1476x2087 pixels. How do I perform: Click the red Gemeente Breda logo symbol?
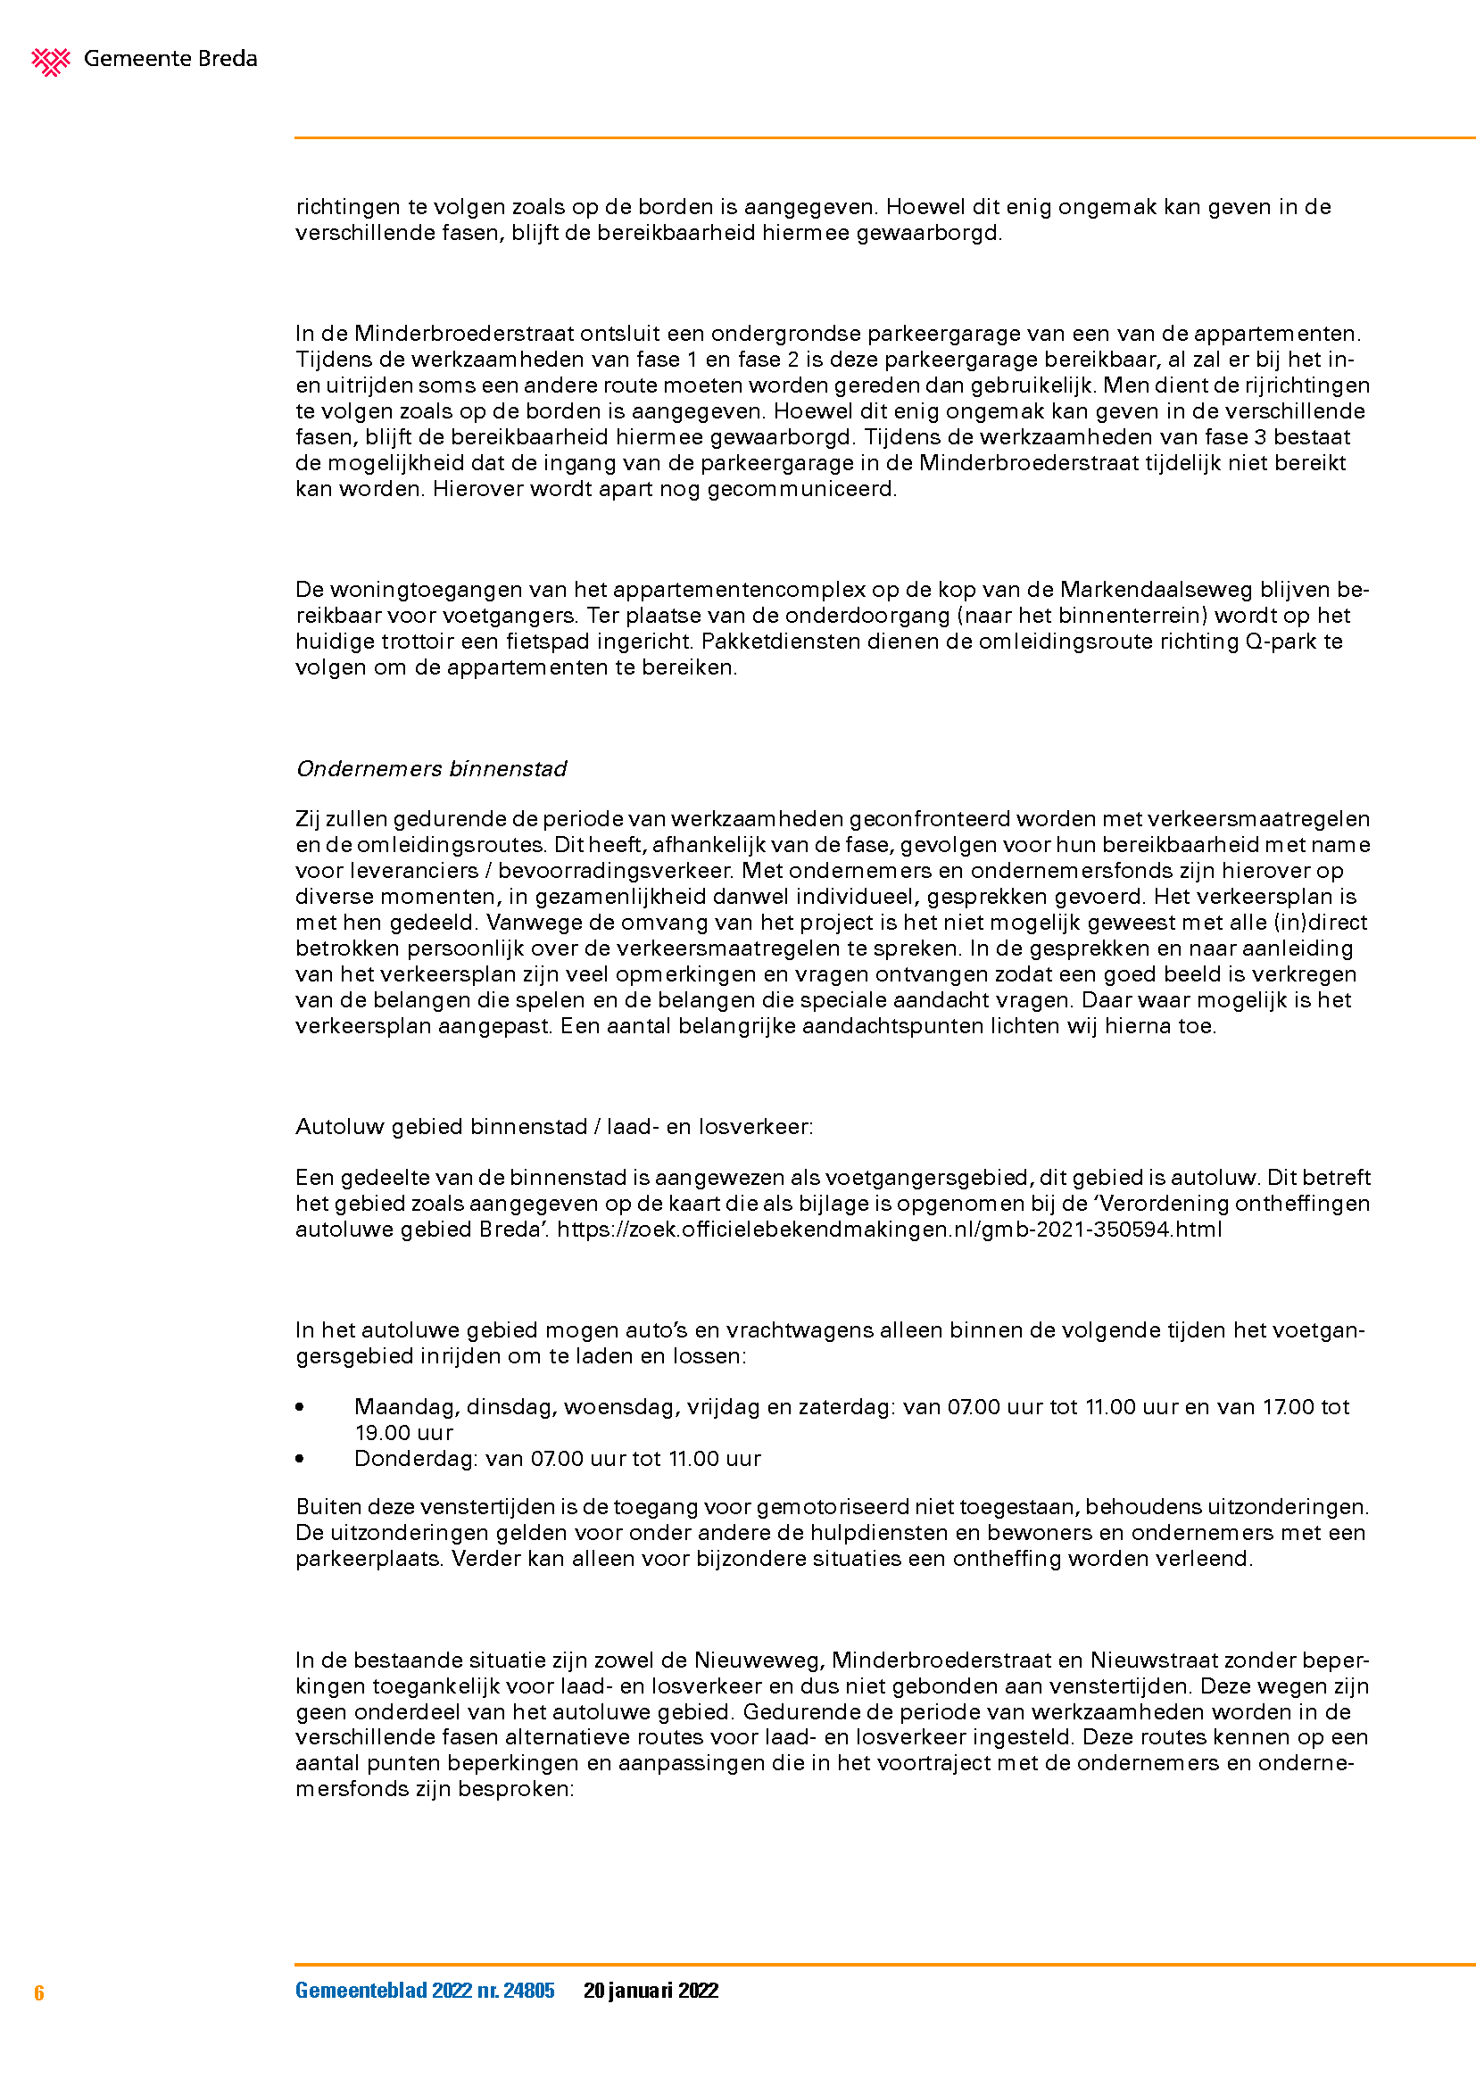51,61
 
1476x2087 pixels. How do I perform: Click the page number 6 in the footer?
39,1992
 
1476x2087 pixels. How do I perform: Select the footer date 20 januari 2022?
651,1990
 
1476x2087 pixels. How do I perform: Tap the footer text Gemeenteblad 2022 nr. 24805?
425,1990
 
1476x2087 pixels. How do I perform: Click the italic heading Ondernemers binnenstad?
432,769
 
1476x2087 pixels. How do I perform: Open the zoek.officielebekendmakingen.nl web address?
889,1229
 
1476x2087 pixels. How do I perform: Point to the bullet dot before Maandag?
300,1407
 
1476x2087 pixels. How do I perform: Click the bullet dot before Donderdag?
300,1459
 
